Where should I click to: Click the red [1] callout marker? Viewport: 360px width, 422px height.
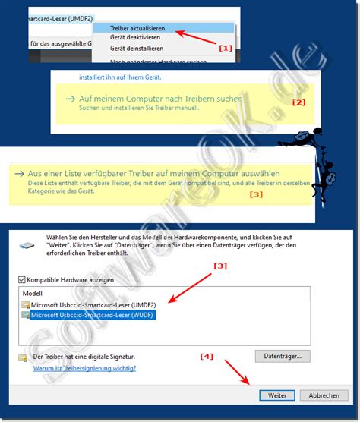[225, 47]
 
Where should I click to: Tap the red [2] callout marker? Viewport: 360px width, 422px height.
[298, 102]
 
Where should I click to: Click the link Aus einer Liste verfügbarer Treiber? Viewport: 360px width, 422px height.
[152, 173]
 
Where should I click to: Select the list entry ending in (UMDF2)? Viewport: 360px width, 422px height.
[93, 304]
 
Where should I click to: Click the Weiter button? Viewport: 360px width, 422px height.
[276, 395]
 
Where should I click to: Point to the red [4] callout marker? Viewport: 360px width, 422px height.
[207, 356]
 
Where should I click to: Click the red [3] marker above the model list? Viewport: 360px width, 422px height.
[219, 266]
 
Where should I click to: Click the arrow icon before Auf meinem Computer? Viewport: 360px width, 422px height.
[70, 99]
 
